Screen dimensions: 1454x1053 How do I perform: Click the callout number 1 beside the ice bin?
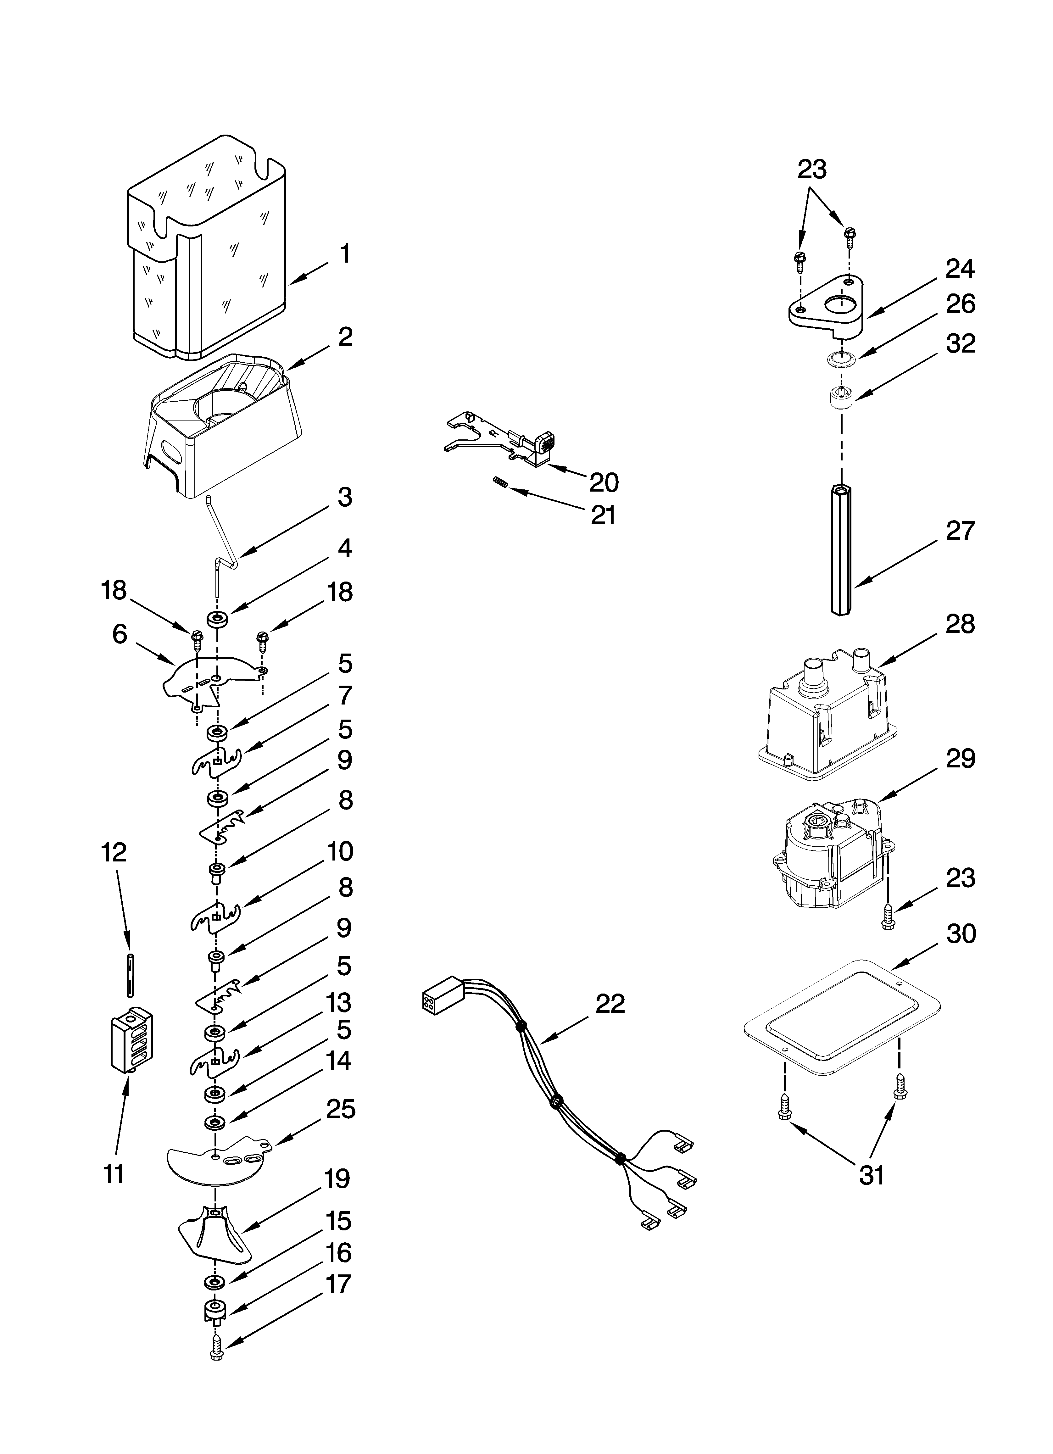tap(345, 254)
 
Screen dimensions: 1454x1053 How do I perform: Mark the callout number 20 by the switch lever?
tap(604, 482)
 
